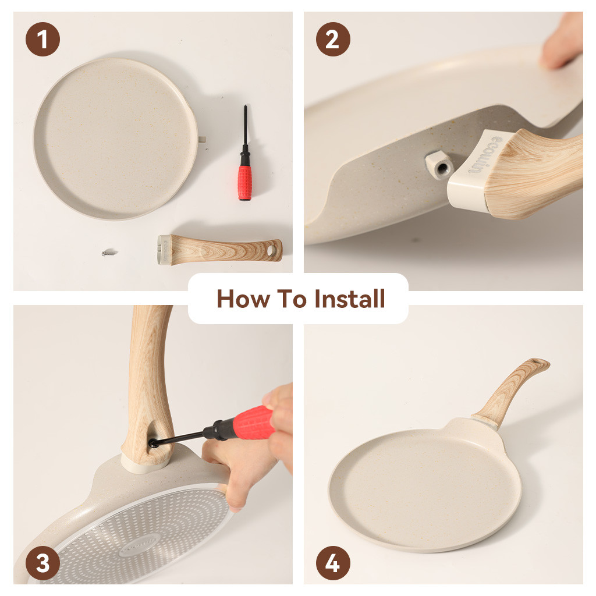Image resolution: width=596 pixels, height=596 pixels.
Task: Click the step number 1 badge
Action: point(42,39)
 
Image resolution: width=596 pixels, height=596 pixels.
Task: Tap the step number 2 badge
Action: point(333,39)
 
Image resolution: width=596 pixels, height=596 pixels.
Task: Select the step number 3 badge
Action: point(42,563)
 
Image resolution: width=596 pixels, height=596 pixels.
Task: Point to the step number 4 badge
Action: point(333,563)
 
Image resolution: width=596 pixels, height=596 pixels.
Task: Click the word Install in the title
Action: point(350,299)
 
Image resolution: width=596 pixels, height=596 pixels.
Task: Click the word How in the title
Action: point(243,299)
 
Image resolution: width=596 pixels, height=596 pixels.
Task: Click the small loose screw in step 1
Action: point(109,253)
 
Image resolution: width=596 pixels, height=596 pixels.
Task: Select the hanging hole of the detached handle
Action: point(271,250)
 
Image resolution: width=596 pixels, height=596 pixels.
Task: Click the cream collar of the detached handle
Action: point(164,249)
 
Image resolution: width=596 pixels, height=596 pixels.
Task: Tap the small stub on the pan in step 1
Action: point(202,139)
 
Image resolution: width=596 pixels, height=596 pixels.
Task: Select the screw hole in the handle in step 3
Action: point(153,443)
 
